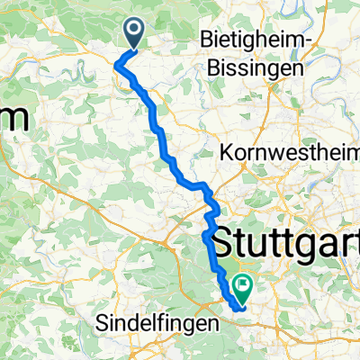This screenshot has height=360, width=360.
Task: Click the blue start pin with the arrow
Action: pyautogui.click(x=134, y=34)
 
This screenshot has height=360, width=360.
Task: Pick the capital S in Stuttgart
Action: pyautogui.click(x=221, y=240)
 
